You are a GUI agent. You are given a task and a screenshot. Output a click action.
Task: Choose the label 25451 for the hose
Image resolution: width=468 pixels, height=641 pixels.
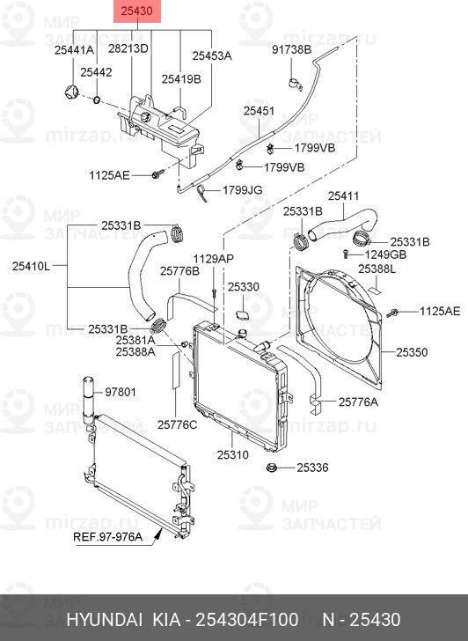pyautogui.click(x=259, y=111)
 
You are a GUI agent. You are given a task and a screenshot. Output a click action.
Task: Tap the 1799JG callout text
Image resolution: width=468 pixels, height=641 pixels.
pyautogui.click(x=243, y=189)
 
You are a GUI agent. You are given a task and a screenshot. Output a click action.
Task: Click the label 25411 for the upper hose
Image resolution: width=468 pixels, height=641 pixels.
pyautogui.click(x=343, y=195)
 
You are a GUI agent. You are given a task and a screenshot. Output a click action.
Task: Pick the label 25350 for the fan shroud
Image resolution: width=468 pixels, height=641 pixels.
pyautogui.click(x=411, y=352)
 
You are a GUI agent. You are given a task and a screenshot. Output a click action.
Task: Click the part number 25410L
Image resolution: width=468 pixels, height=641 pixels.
pyautogui.click(x=31, y=263)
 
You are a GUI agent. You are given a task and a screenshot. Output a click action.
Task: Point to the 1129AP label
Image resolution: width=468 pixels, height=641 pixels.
pyautogui.click(x=214, y=258)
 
